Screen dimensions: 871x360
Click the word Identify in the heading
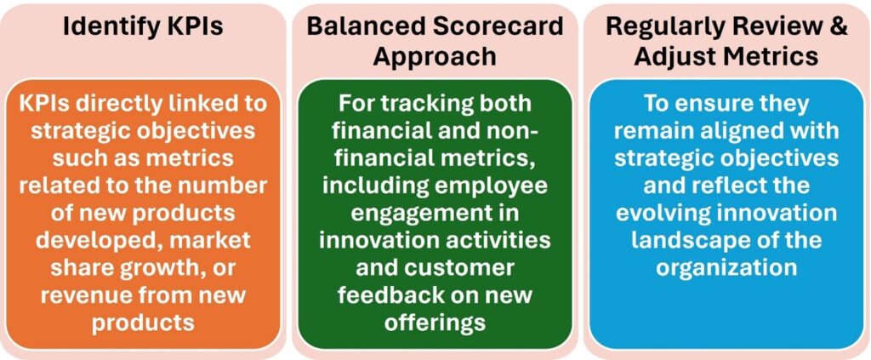101,26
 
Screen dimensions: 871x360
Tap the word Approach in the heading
435,56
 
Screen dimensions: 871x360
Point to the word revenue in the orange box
84,294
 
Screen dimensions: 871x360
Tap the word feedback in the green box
396,294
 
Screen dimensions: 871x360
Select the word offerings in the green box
435,322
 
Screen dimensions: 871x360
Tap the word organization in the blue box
727,267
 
